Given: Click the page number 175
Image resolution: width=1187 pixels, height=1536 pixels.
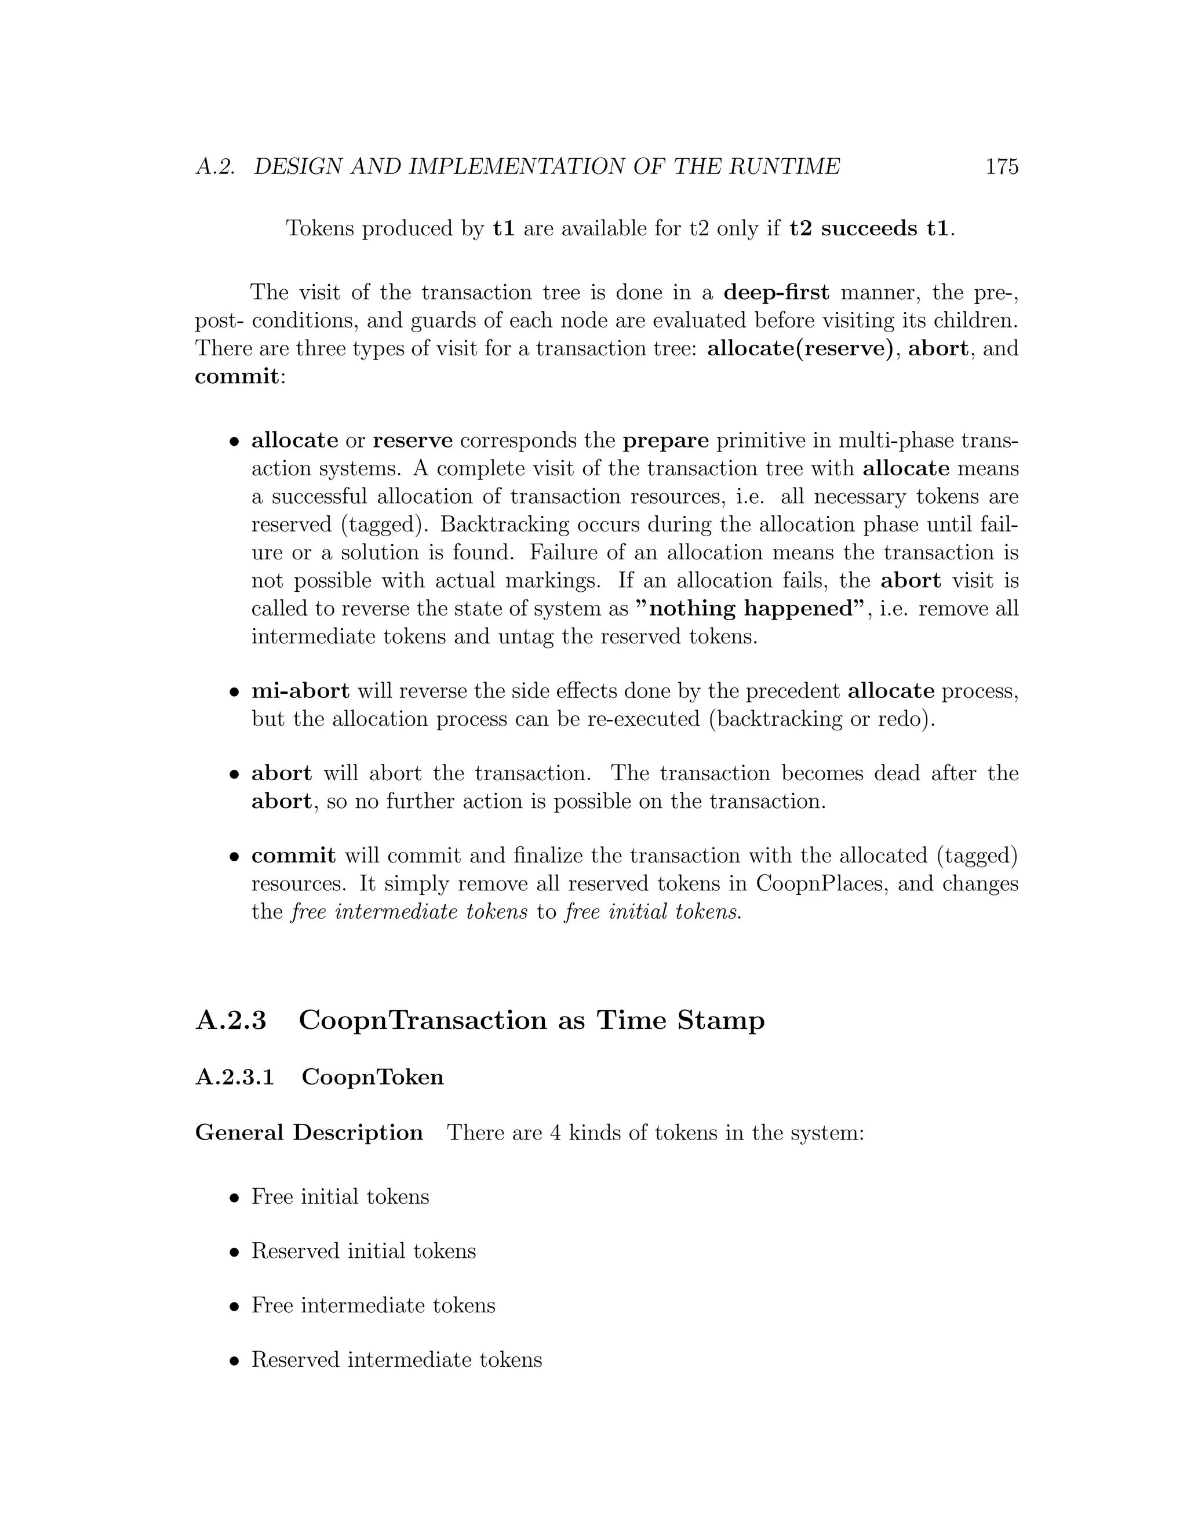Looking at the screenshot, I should click(1002, 167).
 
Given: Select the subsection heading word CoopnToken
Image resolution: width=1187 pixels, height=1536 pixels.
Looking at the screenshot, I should click(373, 1078).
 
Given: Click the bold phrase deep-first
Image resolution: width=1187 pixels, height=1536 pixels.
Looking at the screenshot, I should click(775, 292).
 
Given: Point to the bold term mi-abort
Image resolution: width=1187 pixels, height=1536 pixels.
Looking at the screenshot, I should click(300, 691).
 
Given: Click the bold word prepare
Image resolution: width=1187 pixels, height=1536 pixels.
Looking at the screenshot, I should click(666, 441).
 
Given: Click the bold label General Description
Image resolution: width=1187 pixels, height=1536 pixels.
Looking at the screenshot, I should click(309, 1133).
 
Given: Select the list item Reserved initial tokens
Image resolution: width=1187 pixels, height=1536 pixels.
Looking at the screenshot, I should click(363, 1251).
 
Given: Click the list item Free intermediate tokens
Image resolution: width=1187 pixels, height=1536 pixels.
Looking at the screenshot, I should click(373, 1305).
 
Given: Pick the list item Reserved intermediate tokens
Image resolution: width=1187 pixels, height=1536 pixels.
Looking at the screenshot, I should click(396, 1359).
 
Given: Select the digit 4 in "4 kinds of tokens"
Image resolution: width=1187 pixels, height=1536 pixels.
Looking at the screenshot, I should click(555, 1133).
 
